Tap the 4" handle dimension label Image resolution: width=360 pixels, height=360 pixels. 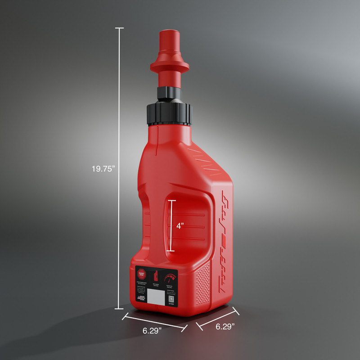pos(180,226)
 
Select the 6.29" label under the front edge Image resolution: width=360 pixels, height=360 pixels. pos(152,331)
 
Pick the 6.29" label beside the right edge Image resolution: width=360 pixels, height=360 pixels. pos(224,327)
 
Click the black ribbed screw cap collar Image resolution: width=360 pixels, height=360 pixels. pos(169,114)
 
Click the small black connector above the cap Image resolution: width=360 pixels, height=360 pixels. pos(169,93)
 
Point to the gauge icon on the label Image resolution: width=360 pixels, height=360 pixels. pos(170,278)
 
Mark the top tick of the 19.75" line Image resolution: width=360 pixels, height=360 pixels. pos(119,28)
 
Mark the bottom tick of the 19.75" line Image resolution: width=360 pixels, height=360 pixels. pos(119,309)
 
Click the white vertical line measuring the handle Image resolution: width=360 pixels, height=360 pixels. pos(170,225)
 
